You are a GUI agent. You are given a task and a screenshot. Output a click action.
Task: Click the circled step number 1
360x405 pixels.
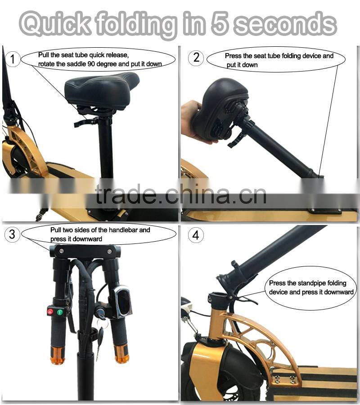(x=13, y=59)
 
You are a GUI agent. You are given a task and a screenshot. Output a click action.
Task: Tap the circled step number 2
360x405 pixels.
(x=196, y=57)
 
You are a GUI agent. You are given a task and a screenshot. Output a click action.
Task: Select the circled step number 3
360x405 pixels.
(x=12, y=234)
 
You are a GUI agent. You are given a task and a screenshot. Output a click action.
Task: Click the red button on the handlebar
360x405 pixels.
(x=50, y=311)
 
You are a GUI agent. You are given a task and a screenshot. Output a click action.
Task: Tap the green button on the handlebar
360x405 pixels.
(x=60, y=312)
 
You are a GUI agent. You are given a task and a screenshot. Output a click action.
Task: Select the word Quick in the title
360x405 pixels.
(x=55, y=23)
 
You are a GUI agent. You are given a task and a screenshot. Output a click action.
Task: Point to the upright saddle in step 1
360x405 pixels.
(x=102, y=91)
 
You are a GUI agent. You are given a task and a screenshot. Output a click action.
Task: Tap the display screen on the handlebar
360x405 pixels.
(x=123, y=301)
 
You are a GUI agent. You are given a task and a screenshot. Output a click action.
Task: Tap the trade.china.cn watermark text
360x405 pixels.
(x=181, y=194)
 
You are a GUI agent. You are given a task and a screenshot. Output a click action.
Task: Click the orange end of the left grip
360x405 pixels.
(x=58, y=355)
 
